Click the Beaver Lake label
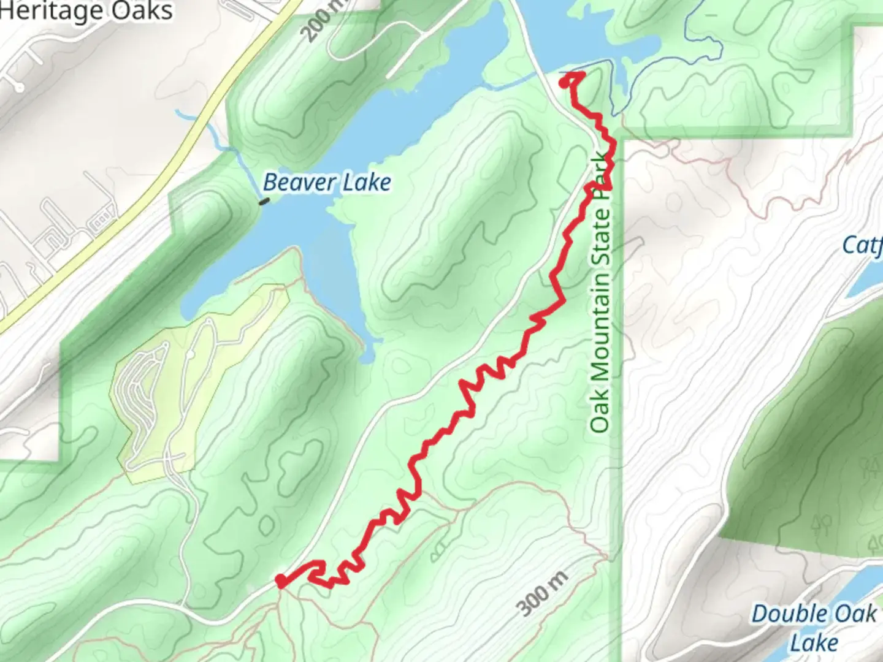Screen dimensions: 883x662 point(327,182)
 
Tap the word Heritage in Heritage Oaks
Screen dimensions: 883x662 point(52,10)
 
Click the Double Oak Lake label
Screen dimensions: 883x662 point(814,628)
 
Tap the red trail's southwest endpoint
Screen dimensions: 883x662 point(280,580)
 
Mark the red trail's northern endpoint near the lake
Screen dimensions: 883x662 point(565,79)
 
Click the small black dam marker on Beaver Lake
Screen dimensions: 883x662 point(264,200)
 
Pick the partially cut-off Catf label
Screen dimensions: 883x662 point(863,245)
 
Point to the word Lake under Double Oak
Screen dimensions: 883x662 point(814,642)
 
